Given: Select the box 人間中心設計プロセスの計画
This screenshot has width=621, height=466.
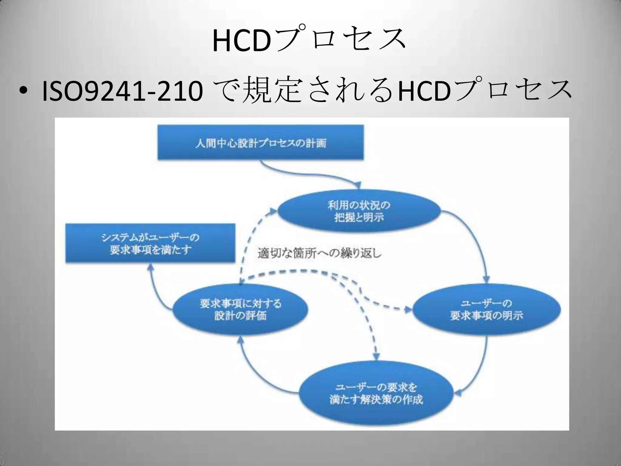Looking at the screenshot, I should click(260, 143).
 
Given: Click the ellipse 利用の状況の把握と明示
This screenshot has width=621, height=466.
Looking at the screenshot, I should click(359, 211).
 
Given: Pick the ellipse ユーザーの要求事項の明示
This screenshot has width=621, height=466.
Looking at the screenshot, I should click(486, 309).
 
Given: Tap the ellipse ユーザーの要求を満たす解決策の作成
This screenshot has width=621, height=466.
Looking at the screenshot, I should click(376, 393).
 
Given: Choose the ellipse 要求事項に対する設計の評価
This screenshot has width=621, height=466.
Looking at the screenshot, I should click(240, 309).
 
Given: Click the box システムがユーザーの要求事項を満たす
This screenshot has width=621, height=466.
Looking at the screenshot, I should click(150, 243).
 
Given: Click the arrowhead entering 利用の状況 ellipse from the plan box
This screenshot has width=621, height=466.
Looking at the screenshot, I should click(358, 185).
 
